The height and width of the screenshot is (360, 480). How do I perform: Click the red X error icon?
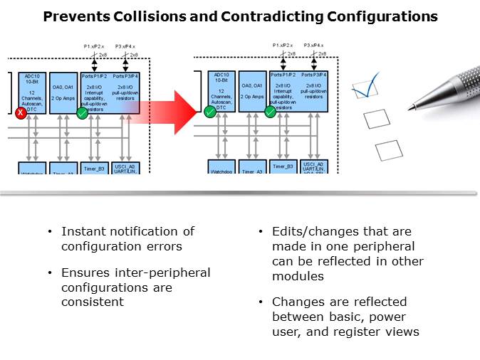coord(21,113)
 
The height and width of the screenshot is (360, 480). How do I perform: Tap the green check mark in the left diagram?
coord(83,112)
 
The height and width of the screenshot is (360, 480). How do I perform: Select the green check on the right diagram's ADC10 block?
coord(210,112)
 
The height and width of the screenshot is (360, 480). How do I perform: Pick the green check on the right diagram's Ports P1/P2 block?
coord(271,112)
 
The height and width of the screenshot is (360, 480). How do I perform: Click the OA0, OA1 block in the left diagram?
coord(62,90)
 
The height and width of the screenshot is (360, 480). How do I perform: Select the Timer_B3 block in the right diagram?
coord(284,167)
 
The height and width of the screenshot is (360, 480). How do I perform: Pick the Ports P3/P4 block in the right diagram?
coord(313,90)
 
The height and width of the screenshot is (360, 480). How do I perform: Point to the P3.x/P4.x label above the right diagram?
coord(314,45)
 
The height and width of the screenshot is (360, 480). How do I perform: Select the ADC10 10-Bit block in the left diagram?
coord(32,90)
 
